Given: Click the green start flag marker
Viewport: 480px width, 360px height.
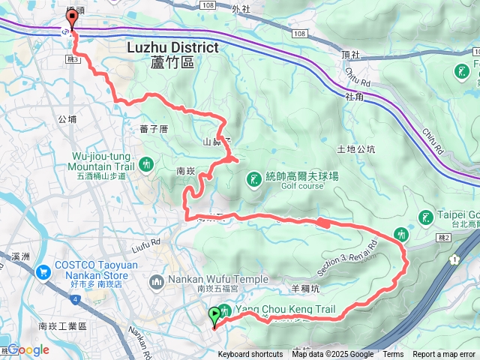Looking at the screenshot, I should tap(215, 315).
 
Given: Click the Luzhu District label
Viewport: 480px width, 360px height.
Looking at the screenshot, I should tap(172, 48).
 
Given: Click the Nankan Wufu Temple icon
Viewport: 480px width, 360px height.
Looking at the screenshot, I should tap(157, 281).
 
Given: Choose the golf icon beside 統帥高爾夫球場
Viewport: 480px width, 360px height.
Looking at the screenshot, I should tap(255, 178).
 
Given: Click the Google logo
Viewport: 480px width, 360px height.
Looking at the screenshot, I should tap(28, 349).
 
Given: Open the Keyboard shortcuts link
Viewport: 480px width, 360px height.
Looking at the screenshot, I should tap(250, 355).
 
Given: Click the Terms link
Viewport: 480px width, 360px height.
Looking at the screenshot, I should tap(393, 355).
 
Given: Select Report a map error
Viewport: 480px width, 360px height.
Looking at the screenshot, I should tap(444, 355).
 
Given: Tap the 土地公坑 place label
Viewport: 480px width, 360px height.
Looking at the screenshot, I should tap(356, 148).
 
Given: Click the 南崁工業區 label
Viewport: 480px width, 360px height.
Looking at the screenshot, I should tap(62, 326).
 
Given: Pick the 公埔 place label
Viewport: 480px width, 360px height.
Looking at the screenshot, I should tap(67, 118).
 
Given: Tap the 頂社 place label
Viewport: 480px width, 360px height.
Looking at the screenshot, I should tap(351, 55).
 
